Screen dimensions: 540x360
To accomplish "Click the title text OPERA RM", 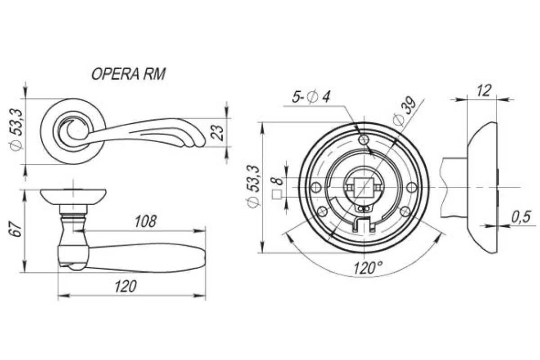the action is click(129, 74).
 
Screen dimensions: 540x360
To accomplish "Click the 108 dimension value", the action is click(146, 221).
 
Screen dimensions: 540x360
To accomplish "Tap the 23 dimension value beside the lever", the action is click(217, 132).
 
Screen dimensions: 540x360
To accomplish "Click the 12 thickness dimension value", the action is click(484, 90).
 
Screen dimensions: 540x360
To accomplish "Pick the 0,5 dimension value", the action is click(521, 217).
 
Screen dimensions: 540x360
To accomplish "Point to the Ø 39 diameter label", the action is click(405, 111).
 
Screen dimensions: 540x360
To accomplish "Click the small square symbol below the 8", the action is click(277, 194).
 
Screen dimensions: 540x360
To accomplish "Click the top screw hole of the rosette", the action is click(364, 139).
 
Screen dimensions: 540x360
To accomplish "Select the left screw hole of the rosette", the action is click(316, 187).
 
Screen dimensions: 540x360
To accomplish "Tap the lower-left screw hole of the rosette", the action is click(323, 211).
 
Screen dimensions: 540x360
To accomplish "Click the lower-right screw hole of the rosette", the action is click(405, 211).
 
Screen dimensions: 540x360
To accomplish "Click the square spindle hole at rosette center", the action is click(364, 187).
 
